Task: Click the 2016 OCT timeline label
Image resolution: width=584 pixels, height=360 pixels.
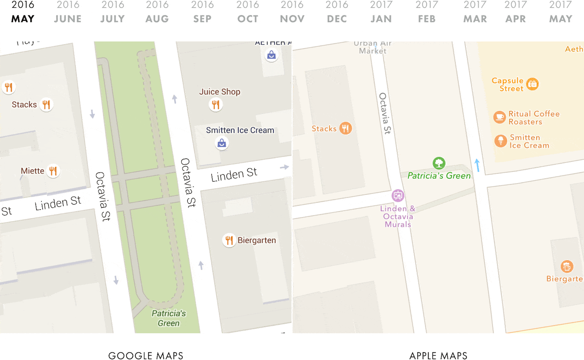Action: [248, 12]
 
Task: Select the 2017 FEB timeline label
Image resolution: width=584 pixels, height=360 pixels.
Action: [427, 12]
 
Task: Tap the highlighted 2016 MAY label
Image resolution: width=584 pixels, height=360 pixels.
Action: [23, 12]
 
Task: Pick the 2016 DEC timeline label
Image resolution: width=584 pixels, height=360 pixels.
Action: [337, 12]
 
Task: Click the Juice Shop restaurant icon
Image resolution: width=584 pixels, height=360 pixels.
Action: [216, 104]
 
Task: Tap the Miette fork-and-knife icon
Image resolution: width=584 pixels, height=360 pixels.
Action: [53, 171]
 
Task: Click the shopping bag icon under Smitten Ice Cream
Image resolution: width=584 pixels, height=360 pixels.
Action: [222, 143]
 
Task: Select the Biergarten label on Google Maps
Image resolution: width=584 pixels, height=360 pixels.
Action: [257, 240]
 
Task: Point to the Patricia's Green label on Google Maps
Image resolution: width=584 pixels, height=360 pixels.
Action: [169, 318]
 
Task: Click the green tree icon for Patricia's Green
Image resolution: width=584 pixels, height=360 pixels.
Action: [439, 163]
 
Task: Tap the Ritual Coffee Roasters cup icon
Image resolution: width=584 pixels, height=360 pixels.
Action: [500, 117]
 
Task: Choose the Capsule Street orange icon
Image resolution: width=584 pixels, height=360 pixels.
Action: [532, 84]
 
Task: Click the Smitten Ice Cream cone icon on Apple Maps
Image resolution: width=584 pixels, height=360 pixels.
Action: [501, 141]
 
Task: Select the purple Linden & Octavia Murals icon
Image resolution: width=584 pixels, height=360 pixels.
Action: [398, 196]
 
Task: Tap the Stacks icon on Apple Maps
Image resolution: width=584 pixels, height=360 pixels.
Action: [345, 128]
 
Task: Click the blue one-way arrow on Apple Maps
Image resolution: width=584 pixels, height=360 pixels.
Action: [477, 165]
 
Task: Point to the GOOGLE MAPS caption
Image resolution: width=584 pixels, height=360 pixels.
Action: [146, 355]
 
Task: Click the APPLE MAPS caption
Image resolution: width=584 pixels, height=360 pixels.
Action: [438, 355]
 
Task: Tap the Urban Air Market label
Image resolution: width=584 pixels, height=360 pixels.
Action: [373, 47]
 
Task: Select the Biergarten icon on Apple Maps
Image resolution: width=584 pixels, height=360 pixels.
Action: [567, 266]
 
